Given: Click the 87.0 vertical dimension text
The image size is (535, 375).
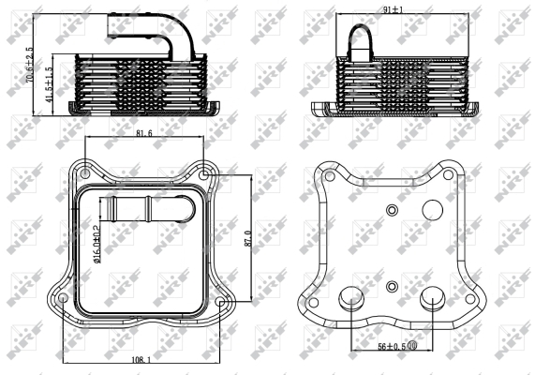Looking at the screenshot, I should (248, 239).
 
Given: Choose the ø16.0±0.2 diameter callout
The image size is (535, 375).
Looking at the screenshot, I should (96, 239).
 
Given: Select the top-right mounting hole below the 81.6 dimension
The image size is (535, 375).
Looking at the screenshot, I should (205, 173).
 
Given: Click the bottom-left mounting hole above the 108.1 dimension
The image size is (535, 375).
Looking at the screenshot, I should (63, 299).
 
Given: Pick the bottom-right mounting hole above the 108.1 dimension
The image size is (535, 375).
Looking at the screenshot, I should (221, 303).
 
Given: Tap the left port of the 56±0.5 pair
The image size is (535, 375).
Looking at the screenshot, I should (350, 297).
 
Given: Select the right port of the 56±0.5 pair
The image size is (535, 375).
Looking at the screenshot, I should (433, 297).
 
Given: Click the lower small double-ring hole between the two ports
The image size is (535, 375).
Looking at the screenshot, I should (392, 285).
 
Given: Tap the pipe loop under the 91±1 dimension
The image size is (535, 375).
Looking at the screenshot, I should (363, 43).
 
